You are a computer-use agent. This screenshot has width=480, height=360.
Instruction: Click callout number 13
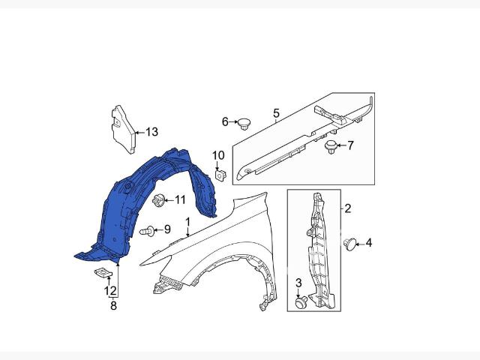click(x=151, y=132)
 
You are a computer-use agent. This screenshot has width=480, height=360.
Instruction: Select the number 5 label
click(x=276, y=113)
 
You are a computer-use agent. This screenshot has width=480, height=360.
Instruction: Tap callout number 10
click(x=218, y=155)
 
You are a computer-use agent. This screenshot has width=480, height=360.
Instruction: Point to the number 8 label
click(x=113, y=305)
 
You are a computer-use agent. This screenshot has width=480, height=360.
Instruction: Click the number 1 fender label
click(x=187, y=222)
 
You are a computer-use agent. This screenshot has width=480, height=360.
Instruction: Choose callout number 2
click(x=347, y=208)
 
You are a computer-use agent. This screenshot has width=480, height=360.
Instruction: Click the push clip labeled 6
click(x=244, y=124)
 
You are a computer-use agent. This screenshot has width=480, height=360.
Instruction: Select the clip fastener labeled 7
click(x=331, y=146)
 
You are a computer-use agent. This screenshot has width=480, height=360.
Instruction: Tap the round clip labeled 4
click(x=350, y=244)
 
